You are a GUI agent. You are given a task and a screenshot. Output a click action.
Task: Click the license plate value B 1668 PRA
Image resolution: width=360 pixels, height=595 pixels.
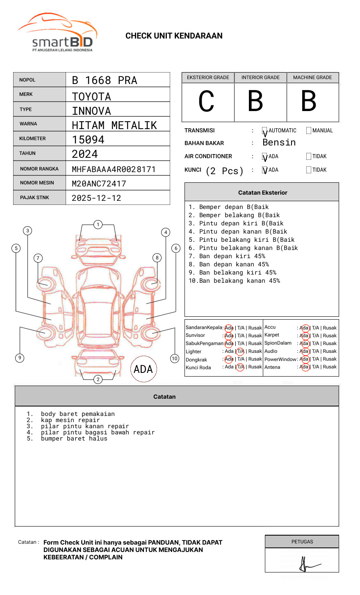(105, 80)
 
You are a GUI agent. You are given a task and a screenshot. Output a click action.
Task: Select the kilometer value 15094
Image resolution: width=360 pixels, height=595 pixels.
(88, 140)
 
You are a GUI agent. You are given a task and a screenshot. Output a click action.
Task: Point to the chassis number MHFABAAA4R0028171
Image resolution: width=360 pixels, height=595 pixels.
(114, 169)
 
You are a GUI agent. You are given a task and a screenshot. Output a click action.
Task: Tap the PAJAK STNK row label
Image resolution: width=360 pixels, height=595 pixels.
(34, 198)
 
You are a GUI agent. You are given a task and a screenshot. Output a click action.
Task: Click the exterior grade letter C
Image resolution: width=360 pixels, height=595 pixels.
(206, 101)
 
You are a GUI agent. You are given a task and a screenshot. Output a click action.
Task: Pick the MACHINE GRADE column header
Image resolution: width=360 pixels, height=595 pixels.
(312, 77)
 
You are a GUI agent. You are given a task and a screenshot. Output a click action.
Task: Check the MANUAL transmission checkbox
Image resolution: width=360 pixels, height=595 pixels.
(309, 130)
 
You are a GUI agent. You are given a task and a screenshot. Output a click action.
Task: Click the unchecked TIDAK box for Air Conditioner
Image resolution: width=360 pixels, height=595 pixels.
(309, 156)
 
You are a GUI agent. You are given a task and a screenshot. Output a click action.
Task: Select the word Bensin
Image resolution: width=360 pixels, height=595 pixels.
(279, 142)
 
